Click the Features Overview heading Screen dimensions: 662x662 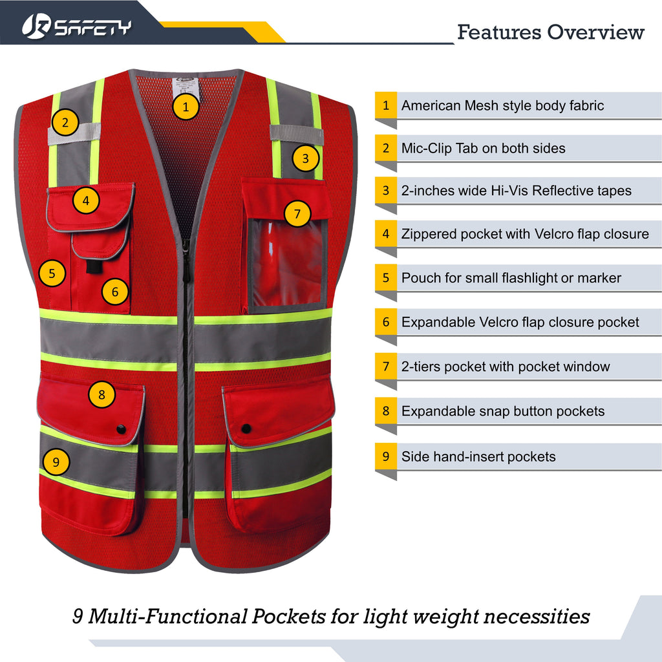pos(551,32)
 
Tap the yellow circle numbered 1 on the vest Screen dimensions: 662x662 pos(186,107)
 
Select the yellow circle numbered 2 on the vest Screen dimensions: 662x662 pos(65,121)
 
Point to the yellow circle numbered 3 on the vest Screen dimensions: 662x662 pos(305,158)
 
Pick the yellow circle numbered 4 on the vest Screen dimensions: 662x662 pos(86,200)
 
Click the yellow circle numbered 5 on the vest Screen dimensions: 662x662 pos(52,273)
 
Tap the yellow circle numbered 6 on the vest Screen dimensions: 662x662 pos(114,292)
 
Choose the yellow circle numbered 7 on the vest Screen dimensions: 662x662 pos(297,213)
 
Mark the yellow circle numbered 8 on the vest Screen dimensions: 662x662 pos(101,394)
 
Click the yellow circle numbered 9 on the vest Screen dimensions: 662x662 pos(56,462)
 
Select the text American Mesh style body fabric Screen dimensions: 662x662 pos(502,105)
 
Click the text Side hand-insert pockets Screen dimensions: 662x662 pos(478,456)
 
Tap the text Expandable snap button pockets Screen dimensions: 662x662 pos(503,411)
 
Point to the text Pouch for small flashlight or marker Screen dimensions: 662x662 pos(511,278)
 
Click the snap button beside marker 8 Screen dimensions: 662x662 pos(121,429)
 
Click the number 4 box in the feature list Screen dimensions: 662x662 pos(386,233)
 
